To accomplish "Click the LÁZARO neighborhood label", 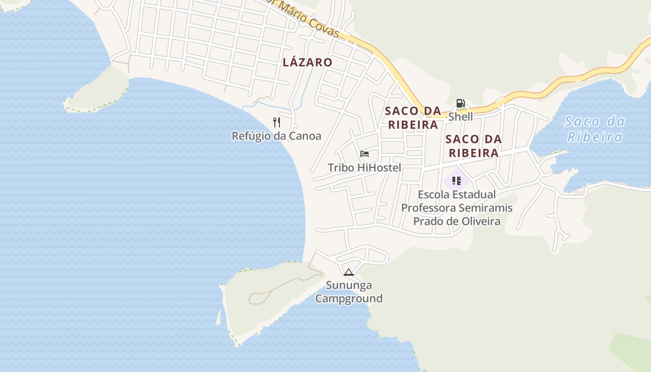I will (307, 62).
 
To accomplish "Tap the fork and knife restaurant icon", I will (277, 122).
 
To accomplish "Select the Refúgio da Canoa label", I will (277, 136).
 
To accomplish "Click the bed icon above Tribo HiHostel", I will (365, 154).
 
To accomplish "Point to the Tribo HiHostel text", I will (365, 167).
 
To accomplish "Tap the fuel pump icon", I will (460, 103).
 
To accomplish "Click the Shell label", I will (460, 117).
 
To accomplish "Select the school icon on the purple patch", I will (457, 180).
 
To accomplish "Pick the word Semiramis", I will (487, 208).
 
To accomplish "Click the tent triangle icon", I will (349, 272).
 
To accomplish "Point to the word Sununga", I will (349, 285).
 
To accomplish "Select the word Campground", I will (349, 299).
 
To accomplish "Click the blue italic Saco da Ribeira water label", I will (594, 129).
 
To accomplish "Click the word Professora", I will (428, 208).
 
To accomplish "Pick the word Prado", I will (428, 221).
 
